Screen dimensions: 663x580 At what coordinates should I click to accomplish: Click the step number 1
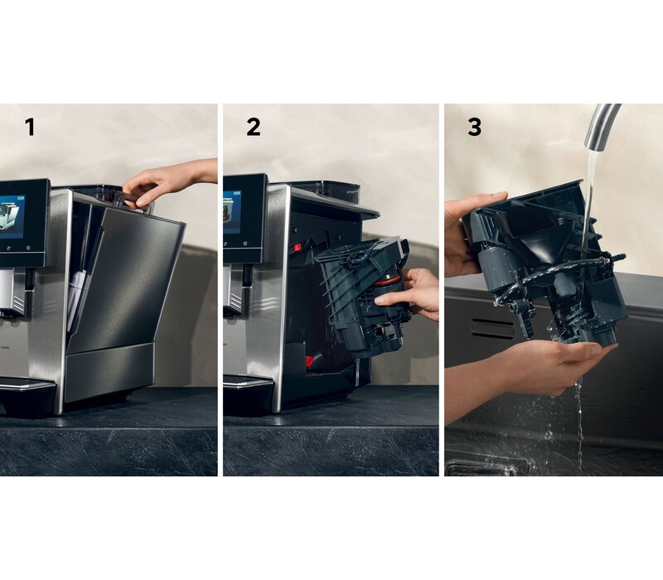(x=30, y=127)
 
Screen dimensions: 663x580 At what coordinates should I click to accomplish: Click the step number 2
(x=254, y=127)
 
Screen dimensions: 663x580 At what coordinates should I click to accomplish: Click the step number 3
(x=474, y=127)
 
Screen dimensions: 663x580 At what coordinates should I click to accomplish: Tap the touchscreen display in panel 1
(x=12, y=216)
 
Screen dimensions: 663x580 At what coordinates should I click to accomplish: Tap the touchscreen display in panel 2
(x=232, y=212)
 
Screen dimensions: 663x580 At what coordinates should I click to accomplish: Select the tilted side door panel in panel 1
(x=127, y=279)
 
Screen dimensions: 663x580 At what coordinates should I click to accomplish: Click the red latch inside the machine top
(x=297, y=247)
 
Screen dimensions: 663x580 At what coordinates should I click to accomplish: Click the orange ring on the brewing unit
(x=387, y=280)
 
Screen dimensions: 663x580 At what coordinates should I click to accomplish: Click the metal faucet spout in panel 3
(x=599, y=128)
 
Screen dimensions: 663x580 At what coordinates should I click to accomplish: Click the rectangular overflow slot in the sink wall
(x=492, y=327)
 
